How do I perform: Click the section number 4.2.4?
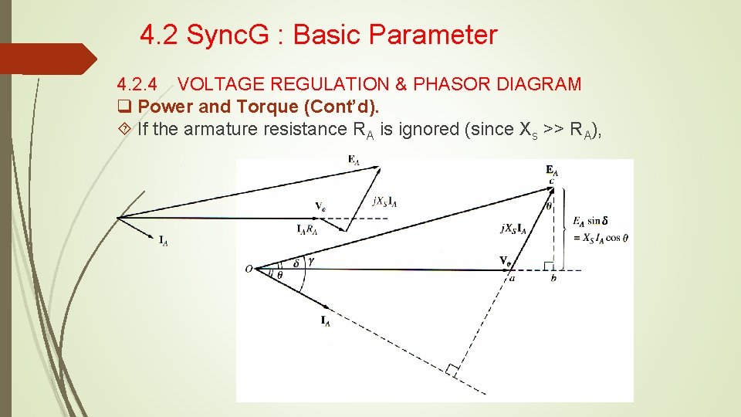(x=140, y=84)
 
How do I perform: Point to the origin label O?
(x=249, y=268)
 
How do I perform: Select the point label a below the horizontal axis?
(x=511, y=279)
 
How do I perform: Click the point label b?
(x=553, y=278)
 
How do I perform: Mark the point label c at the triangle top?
(x=551, y=181)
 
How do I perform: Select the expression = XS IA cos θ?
(x=601, y=238)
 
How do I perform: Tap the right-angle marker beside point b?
(x=549, y=266)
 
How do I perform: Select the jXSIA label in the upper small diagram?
(x=384, y=202)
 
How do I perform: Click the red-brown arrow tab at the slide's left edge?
(x=46, y=59)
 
